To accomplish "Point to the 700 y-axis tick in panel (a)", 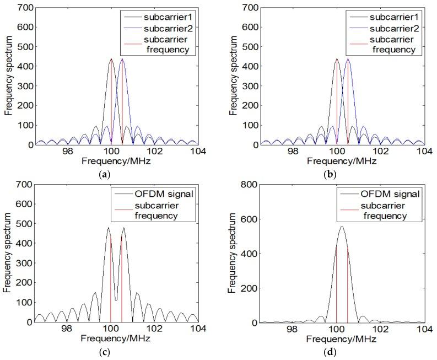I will click(x=25, y=7).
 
